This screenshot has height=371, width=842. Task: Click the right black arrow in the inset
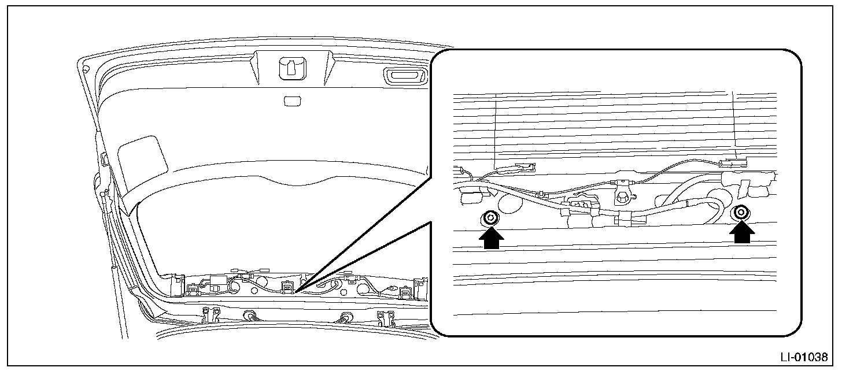tap(741, 233)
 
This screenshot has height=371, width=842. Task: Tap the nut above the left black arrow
tap(490, 218)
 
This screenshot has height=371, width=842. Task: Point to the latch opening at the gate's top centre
tap(290, 69)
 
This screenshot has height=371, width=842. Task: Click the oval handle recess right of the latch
tap(404, 76)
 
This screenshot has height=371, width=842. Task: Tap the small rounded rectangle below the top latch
tap(291, 101)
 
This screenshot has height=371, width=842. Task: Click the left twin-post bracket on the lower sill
tap(211, 315)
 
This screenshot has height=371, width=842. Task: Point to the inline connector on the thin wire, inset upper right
tap(730, 164)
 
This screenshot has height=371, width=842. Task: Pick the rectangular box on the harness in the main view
tap(217, 283)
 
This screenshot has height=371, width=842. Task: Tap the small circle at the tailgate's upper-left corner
tap(86, 69)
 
